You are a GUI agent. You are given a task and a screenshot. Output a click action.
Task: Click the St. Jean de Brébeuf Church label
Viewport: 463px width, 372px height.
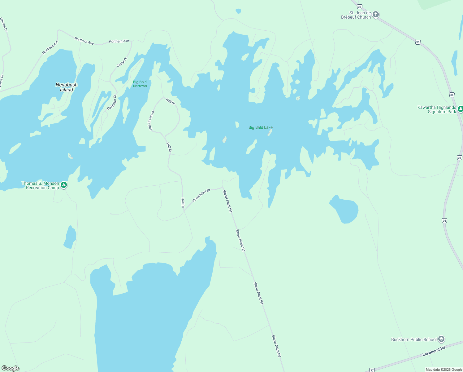[356, 15]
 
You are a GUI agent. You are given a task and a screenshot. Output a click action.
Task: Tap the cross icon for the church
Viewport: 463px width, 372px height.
[376, 15]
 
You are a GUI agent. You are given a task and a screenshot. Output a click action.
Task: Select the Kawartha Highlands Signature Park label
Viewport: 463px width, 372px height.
[437, 109]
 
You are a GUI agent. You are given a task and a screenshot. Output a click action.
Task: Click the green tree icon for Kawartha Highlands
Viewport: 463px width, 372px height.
[461, 109]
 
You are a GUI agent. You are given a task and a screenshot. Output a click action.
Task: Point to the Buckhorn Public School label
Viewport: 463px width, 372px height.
[414, 339]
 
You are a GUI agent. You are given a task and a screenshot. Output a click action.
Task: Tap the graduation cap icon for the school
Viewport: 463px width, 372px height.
[441, 339]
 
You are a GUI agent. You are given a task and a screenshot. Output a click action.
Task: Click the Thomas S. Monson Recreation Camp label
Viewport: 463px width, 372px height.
[40, 185]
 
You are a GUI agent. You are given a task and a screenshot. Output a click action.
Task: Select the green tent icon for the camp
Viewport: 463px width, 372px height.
[64, 185]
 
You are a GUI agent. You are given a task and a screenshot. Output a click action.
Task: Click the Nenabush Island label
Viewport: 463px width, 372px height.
[67, 87]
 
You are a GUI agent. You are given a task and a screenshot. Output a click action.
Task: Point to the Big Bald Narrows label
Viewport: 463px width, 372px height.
[140, 84]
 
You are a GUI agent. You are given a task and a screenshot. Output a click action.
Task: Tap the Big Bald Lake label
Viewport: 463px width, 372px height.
[261, 127]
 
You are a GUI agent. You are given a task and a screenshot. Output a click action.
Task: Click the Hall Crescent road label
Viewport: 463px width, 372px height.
[151, 121]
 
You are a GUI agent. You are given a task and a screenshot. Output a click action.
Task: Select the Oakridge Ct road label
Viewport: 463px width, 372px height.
[112, 102]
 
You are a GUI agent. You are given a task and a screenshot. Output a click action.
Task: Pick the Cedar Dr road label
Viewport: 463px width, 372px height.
[122, 62]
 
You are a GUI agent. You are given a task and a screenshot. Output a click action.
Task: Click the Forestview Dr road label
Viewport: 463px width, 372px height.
[201, 195]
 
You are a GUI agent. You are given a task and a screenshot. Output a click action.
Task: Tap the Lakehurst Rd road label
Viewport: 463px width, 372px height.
[434, 351]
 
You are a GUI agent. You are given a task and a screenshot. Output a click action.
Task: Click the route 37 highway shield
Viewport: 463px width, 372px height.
[372, 370]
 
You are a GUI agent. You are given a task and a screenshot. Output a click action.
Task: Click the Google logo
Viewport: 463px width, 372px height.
[11, 368]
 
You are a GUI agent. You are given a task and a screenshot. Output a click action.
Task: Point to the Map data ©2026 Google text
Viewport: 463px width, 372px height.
[444, 370]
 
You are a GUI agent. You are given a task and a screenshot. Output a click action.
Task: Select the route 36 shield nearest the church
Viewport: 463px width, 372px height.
[359, 7]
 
